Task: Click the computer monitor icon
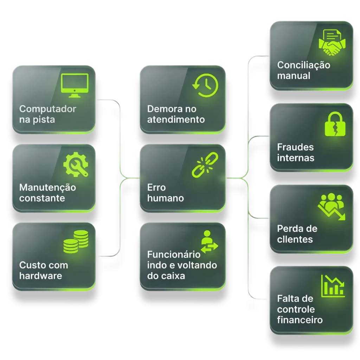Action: click(x=75, y=85)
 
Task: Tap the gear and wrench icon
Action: click(x=76, y=165)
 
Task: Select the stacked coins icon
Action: click(x=76, y=242)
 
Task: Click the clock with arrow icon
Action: click(x=205, y=85)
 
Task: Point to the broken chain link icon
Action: click(x=205, y=165)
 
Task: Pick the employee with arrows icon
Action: click(x=209, y=241)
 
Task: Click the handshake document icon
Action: click(x=332, y=43)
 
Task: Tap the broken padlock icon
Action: click(x=335, y=124)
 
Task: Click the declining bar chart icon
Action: click(x=333, y=286)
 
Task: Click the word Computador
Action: click(x=48, y=109)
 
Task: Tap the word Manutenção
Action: click(x=47, y=188)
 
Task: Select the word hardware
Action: click(x=41, y=276)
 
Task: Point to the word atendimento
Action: click(x=176, y=120)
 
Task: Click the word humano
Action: click(x=166, y=198)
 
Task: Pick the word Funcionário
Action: click(x=174, y=255)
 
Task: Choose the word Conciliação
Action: click(x=304, y=65)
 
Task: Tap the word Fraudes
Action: click(x=295, y=147)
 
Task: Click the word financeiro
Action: click(x=300, y=320)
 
